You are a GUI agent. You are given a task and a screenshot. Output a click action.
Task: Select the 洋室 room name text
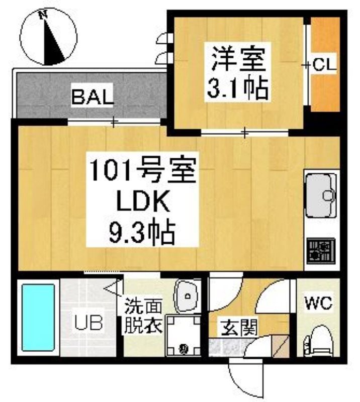238,59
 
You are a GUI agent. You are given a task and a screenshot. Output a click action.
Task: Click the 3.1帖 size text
238,87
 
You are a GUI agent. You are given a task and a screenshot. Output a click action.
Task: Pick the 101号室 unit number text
143,170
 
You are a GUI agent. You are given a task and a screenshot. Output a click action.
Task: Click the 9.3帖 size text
142,233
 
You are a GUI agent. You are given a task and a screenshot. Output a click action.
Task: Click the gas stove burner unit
321,251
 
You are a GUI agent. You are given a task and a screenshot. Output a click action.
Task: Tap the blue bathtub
38,318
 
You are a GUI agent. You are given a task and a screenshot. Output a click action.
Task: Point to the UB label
89,323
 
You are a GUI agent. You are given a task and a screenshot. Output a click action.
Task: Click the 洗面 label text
143,307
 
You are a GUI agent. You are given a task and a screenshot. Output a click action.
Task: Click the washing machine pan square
183,335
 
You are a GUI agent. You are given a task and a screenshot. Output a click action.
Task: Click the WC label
318,303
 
